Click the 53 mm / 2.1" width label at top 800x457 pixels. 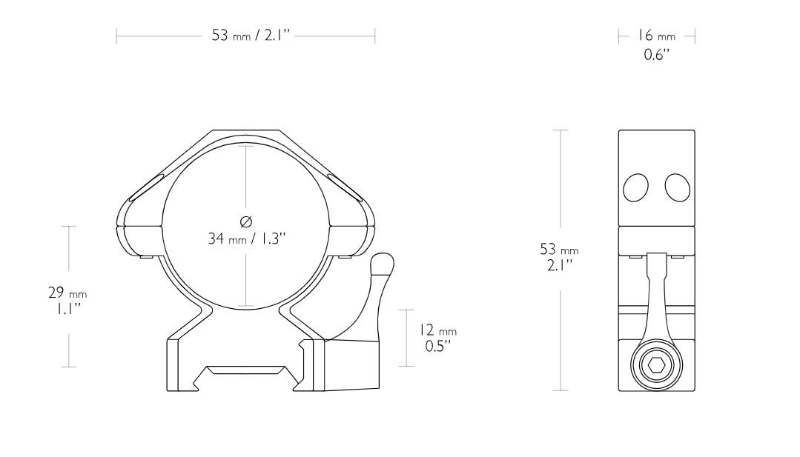coord(245,36)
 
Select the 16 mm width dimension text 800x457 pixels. coord(657,36)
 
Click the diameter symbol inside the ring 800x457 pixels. coord(246,221)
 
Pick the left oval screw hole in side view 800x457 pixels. coord(636,188)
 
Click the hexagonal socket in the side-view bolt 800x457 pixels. coord(657,365)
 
